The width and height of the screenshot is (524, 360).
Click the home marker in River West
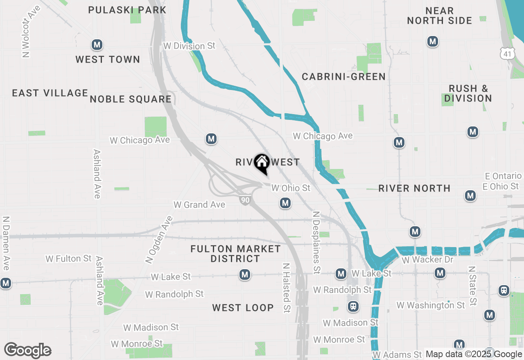(262, 164)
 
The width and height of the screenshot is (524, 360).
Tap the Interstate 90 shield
(245, 200)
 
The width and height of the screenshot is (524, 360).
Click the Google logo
(27, 350)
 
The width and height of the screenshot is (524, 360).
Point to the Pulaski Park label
(127, 10)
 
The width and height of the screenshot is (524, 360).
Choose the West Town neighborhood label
(108, 59)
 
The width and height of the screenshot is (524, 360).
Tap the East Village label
(50, 93)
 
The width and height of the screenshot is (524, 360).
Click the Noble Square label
(131, 99)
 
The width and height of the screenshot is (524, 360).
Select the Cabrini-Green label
(343, 76)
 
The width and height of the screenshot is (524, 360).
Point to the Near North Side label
(439, 16)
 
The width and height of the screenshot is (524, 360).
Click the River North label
(414, 188)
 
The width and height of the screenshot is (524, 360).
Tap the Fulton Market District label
(235, 254)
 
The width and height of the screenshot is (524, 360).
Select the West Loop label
(243, 308)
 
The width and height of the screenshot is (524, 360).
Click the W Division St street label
(189, 46)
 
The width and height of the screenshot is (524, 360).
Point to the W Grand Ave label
(199, 205)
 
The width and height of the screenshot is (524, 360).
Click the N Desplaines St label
(316, 242)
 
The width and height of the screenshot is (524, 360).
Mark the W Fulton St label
(69, 259)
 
